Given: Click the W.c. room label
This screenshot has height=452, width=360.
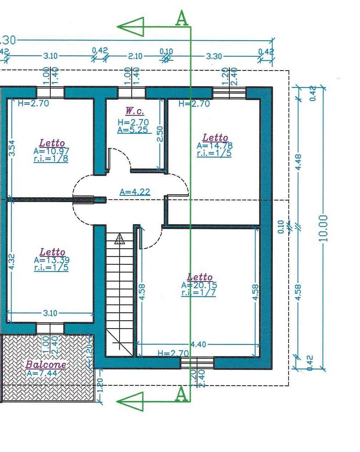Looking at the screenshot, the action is (x=135, y=111).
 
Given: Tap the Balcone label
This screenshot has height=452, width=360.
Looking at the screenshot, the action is (x=46, y=364).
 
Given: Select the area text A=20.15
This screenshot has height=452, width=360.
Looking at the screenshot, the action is (x=199, y=285).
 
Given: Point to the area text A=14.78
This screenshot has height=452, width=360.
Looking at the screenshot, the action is (x=214, y=145).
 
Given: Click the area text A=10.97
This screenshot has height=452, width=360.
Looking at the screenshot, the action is (x=51, y=151).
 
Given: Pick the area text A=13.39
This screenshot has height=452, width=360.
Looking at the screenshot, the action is (x=52, y=260).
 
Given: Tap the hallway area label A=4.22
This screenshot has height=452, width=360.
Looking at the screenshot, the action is (x=135, y=192).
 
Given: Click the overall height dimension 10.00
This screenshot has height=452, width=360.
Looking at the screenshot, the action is (x=323, y=228).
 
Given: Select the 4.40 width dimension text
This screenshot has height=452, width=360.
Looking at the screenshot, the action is (x=198, y=344).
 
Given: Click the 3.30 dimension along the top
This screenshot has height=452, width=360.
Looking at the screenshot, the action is (x=214, y=56).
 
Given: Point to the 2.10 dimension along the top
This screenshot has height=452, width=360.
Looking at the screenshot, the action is (x=135, y=56).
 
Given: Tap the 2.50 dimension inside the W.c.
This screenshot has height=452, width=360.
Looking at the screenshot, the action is (x=160, y=134).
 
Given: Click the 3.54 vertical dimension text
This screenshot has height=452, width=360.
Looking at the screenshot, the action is (x=12, y=148).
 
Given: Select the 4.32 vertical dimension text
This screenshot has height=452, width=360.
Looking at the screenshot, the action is (x=12, y=262).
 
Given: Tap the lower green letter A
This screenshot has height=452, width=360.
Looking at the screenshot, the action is (x=182, y=394).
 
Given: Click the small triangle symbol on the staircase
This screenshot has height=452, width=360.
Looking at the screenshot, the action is (x=120, y=239).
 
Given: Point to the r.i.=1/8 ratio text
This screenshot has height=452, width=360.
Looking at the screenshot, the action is (x=51, y=159).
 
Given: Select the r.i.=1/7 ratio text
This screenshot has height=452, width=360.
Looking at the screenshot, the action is (x=198, y=293).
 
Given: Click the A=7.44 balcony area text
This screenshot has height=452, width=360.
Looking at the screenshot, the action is (x=42, y=373).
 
